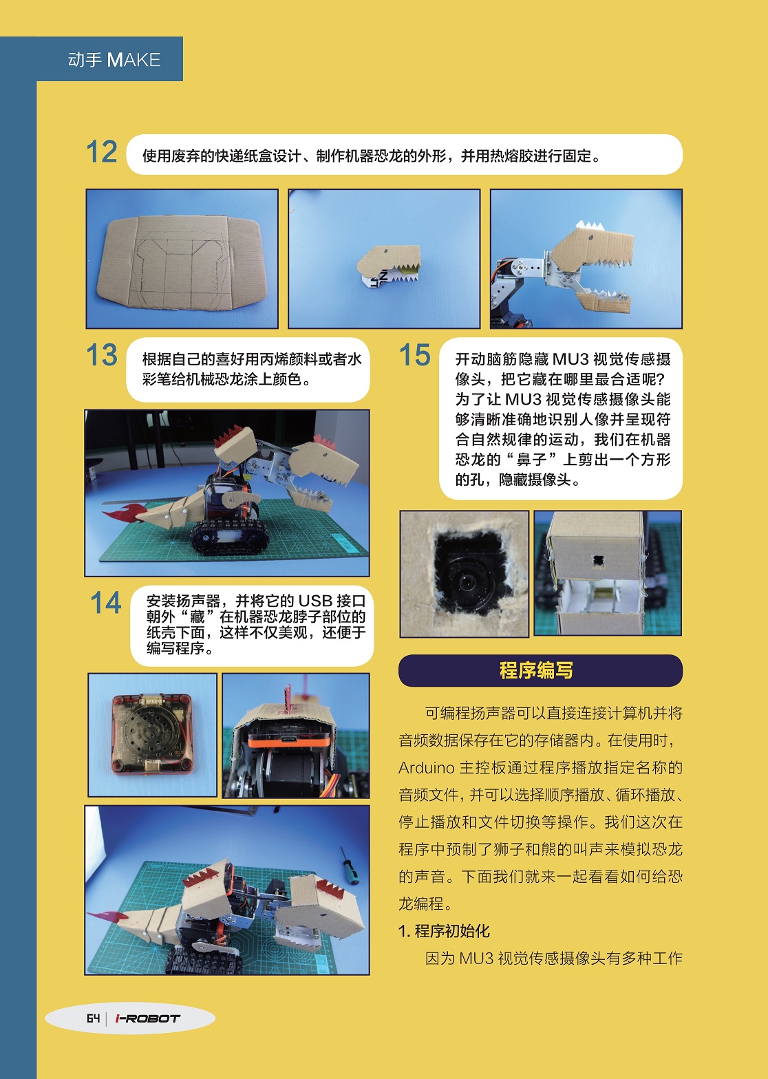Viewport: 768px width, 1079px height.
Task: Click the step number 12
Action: tap(102, 152)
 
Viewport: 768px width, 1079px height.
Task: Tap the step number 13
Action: tap(102, 356)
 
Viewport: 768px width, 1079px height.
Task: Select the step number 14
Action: tap(105, 603)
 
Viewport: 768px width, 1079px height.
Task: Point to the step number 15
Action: tap(415, 356)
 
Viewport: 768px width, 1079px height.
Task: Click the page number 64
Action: tap(93, 1018)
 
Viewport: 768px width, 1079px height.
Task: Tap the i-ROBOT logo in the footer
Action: tap(147, 1018)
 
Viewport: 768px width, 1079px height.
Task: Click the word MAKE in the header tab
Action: tap(134, 60)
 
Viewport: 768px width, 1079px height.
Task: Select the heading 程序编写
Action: tap(536, 670)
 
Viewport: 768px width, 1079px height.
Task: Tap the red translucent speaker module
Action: tap(152, 733)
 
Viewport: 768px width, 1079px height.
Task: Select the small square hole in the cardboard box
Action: tap(598, 560)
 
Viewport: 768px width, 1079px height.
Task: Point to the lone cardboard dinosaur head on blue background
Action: tap(388, 266)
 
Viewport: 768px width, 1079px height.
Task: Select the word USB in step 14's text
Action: tap(314, 601)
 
